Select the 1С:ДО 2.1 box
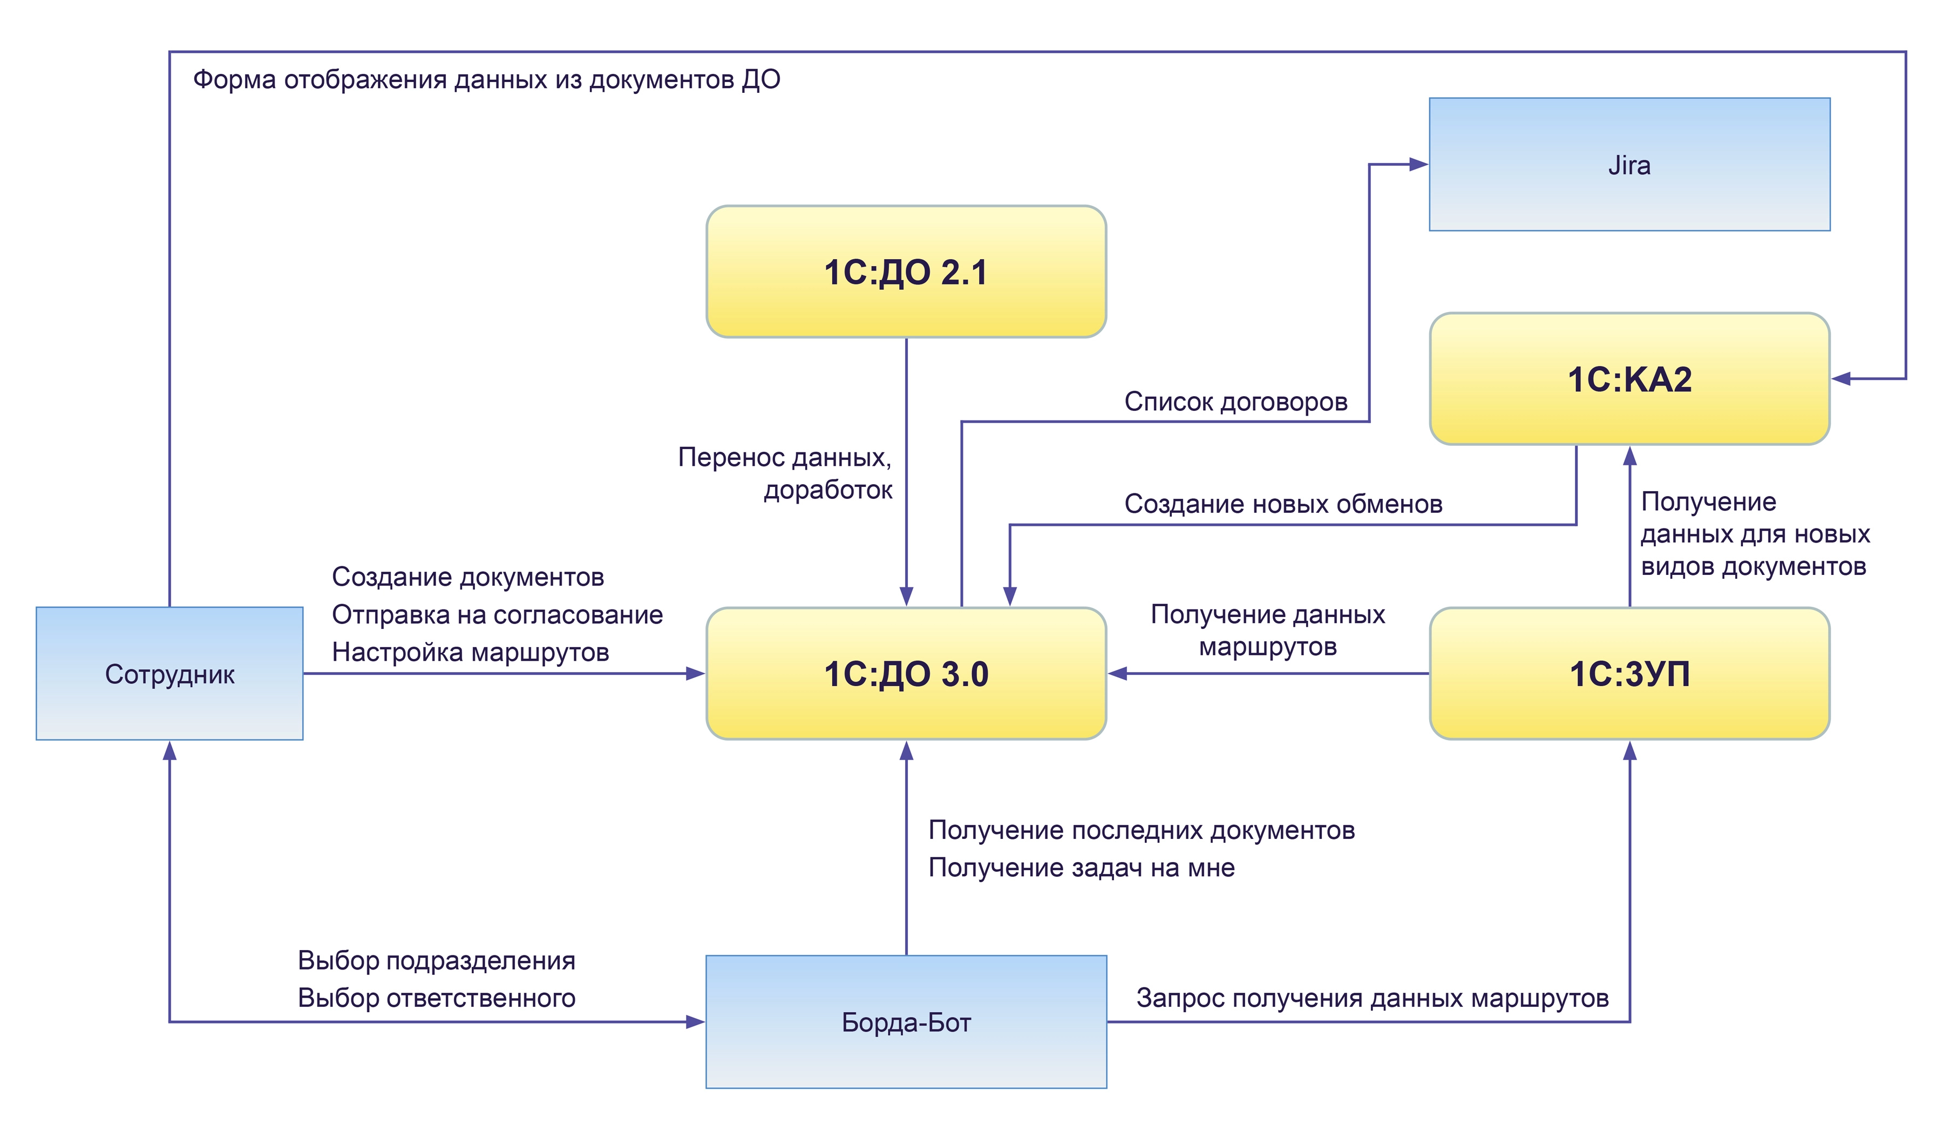pos(906,272)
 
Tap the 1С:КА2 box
pos(1629,378)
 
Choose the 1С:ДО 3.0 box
pos(906,673)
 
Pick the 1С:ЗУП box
pos(1629,673)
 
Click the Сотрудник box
pos(169,673)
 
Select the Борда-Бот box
pos(906,1022)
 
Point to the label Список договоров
pos(1235,401)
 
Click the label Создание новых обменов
pos(1283,504)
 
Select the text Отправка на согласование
pos(497,615)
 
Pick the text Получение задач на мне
pos(1081,867)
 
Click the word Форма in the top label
pos(234,79)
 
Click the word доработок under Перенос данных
pos(828,490)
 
